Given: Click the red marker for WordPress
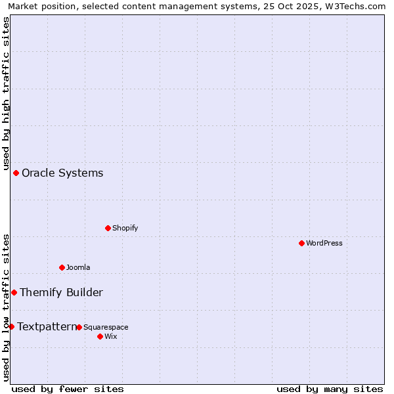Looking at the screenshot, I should (301, 243).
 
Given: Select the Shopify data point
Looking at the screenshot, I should (108, 228).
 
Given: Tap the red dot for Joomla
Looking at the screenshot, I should (62, 267).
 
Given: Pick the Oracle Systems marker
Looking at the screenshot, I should (16, 173).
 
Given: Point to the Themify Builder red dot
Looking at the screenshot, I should (14, 292).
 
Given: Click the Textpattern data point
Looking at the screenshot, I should (11, 326).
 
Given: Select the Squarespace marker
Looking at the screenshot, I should (79, 327).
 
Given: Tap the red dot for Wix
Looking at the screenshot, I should (100, 336).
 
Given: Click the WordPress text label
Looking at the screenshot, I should (324, 243).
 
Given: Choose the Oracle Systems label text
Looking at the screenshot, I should (62, 173).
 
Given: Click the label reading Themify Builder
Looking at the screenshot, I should (61, 293).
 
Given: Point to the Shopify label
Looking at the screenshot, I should (125, 229).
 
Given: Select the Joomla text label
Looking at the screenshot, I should (78, 267).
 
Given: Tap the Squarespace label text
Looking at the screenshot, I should (106, 327).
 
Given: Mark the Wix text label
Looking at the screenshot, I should (111, 337).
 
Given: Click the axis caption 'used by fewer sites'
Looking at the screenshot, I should (68, 389).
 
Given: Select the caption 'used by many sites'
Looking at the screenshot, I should (330, 389).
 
